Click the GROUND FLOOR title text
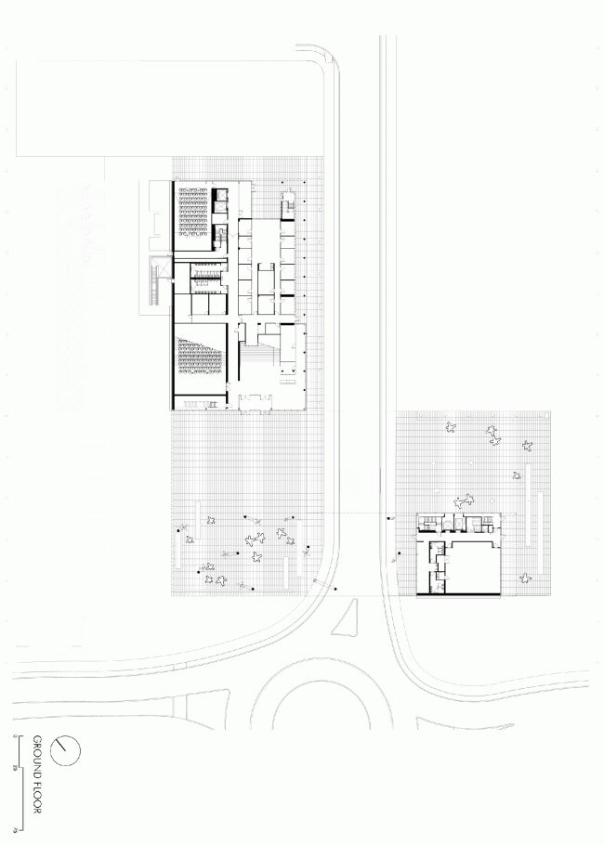38,775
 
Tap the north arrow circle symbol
65,750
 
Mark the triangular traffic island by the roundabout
346,618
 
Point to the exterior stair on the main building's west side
151,284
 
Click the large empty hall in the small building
474,566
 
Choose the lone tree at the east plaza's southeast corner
527,579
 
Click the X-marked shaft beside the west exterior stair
164,269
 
